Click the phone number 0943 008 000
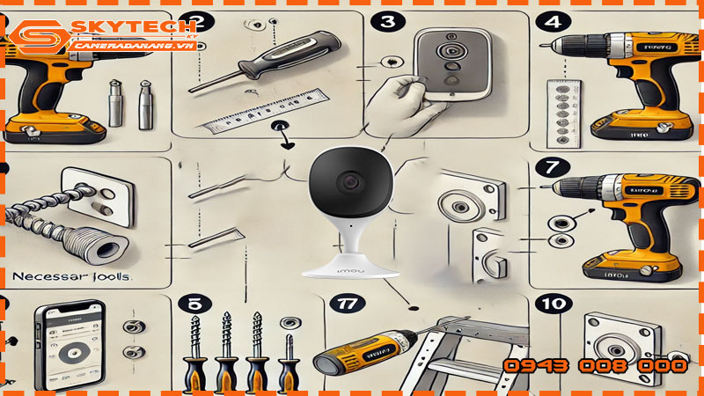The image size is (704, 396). click(x=595, y=365)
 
